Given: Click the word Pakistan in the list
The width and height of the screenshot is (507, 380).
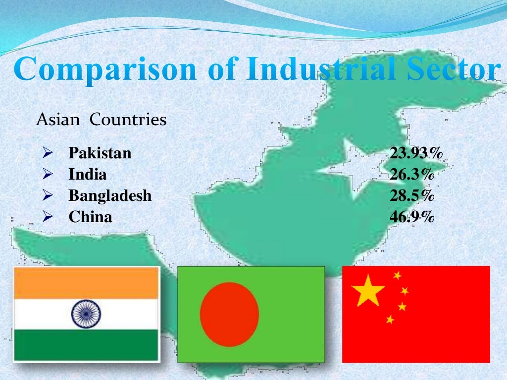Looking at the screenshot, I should [x=100, y=153].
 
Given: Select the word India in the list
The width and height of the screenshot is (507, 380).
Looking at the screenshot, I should [x=88, y=175].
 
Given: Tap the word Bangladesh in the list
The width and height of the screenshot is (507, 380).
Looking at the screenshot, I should [x=110, y=196].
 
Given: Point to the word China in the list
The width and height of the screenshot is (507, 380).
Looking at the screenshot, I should [x=90, y=217].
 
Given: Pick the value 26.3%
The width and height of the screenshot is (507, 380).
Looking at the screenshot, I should [x=412, y=175].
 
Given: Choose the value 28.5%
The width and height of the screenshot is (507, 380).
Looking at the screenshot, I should [x=412, y=196].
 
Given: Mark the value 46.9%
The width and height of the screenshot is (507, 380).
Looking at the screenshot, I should [x=412, y=217].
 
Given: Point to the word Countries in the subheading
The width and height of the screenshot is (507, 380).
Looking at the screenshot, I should [x=128, y=120].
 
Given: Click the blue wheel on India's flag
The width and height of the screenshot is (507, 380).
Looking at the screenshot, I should [x=86, y=314].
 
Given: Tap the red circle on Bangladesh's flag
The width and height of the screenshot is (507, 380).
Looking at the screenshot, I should [x=229, y=314].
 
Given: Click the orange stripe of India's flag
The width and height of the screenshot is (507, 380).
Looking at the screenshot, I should [x=86, y=283].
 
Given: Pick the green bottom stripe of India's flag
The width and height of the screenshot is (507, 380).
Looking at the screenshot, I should [x=86, y=345].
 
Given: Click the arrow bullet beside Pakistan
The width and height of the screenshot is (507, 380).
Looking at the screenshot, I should [x=48, y=153].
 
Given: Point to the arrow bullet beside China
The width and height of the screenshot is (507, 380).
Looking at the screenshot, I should [x=48, y=217].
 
